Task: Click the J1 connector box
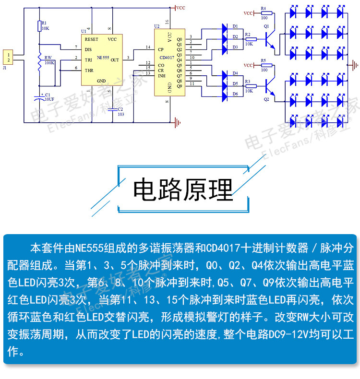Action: tap(8, 57)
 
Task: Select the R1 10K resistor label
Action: tap(44, 25)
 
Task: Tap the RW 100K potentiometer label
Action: tap(48, 59)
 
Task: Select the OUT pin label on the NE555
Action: tap(115, 60)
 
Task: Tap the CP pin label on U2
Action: tap(160, 49)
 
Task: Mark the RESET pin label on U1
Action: tap(91, 39)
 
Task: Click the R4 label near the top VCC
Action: tap(263, 8)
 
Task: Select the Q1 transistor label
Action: tap(266, 25)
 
